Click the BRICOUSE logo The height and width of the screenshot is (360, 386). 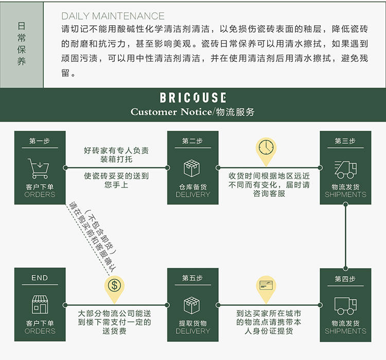coord(192,97)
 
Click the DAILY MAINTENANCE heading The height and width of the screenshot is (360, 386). coord(113,16)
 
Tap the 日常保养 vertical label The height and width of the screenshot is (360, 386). coord(21,43)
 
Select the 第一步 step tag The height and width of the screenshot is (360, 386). coord(40,141)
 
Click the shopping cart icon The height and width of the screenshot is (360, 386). coord(39,168)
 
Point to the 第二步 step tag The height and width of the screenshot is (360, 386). coord(192,141)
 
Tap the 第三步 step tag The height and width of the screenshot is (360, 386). coord(345,141)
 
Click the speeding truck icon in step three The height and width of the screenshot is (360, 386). coord(345,168)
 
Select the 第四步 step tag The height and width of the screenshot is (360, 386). coord(345,279)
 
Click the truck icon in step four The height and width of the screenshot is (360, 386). coord(345,305)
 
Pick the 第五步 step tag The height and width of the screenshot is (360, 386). coord(192,278)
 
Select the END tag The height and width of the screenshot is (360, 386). coord(40,278)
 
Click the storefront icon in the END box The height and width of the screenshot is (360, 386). coord(40,305)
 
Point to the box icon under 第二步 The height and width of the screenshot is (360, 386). coord(192,168)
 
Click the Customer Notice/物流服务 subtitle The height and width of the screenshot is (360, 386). coord(192,112)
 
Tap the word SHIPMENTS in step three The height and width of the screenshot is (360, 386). coord(345,195)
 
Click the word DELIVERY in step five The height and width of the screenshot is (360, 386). coord(192,331)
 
